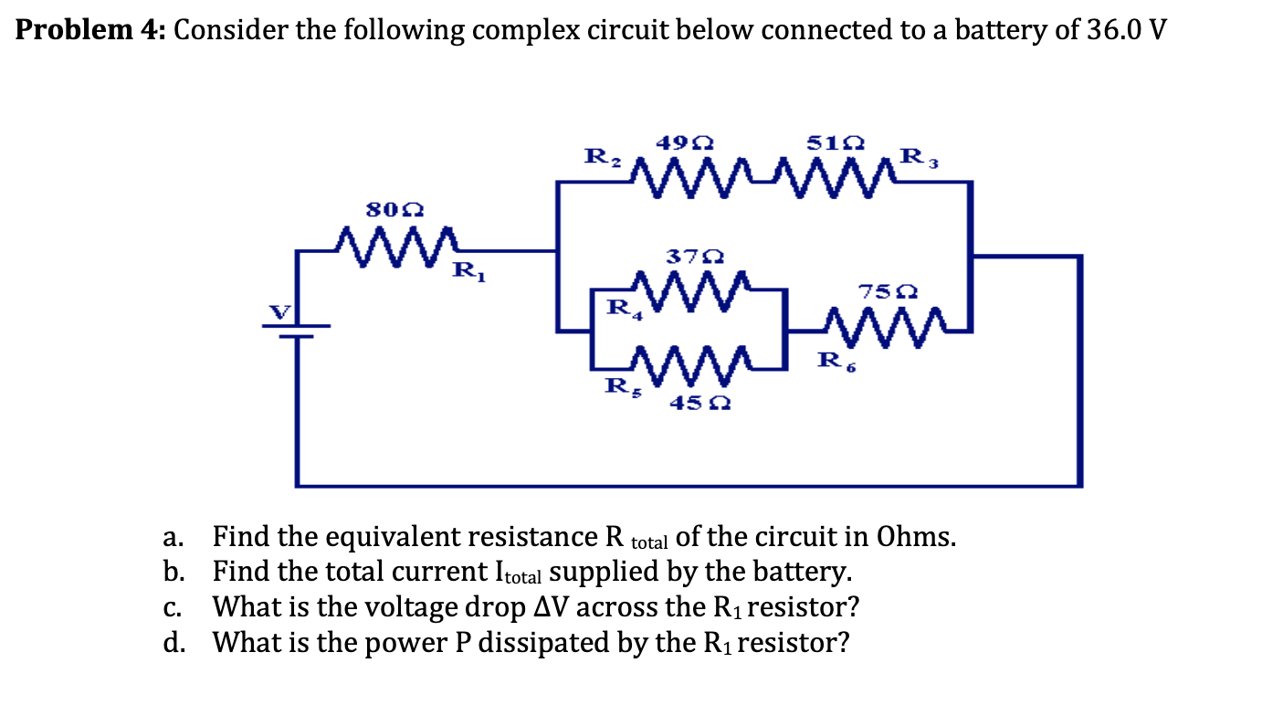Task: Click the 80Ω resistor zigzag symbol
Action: (x=397, y=244)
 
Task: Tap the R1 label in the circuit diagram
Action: (x=465, y=270)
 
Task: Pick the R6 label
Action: (x=834, y=362)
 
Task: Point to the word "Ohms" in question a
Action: (x=916, y=536)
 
